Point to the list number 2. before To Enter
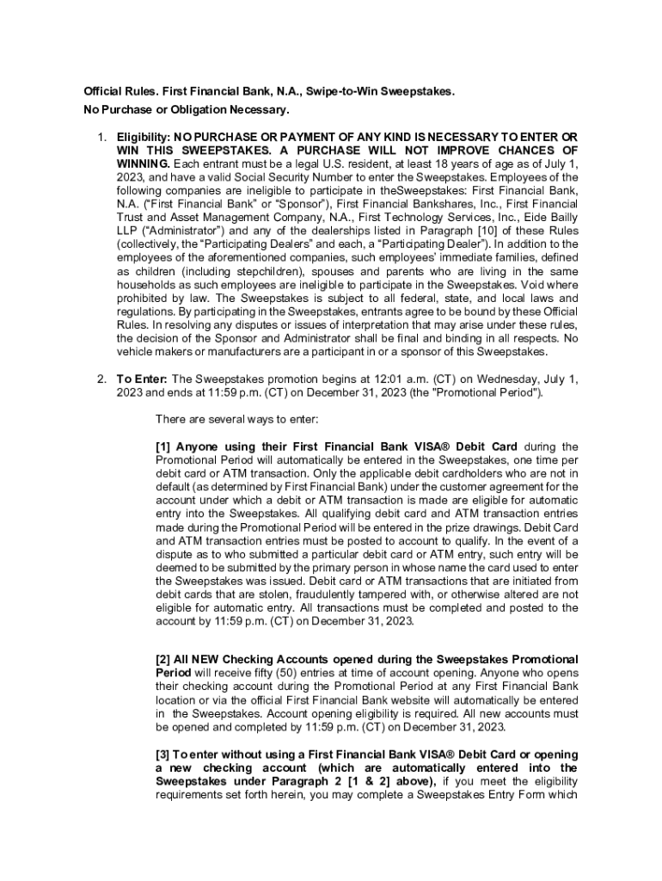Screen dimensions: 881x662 click(x=101, y=379)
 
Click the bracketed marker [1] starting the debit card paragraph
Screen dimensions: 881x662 click(x=163, y=447)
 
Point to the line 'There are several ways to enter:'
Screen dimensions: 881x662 click(x=236, y=419)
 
